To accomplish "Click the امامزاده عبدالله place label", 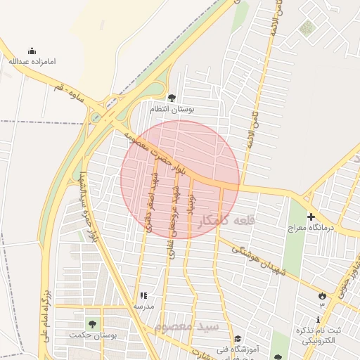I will point(32,62).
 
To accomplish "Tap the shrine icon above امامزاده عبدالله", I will point(32,51).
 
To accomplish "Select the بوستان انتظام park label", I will point(172,110).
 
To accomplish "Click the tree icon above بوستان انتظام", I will point(172,98).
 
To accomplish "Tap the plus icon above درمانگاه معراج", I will point(311,217).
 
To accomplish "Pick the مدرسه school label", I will point(144,307).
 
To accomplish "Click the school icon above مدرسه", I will point(144,296).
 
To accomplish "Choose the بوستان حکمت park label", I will point(92,334).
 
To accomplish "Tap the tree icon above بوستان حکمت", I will point(92,323).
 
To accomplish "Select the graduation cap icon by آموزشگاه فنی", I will point(237,338).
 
